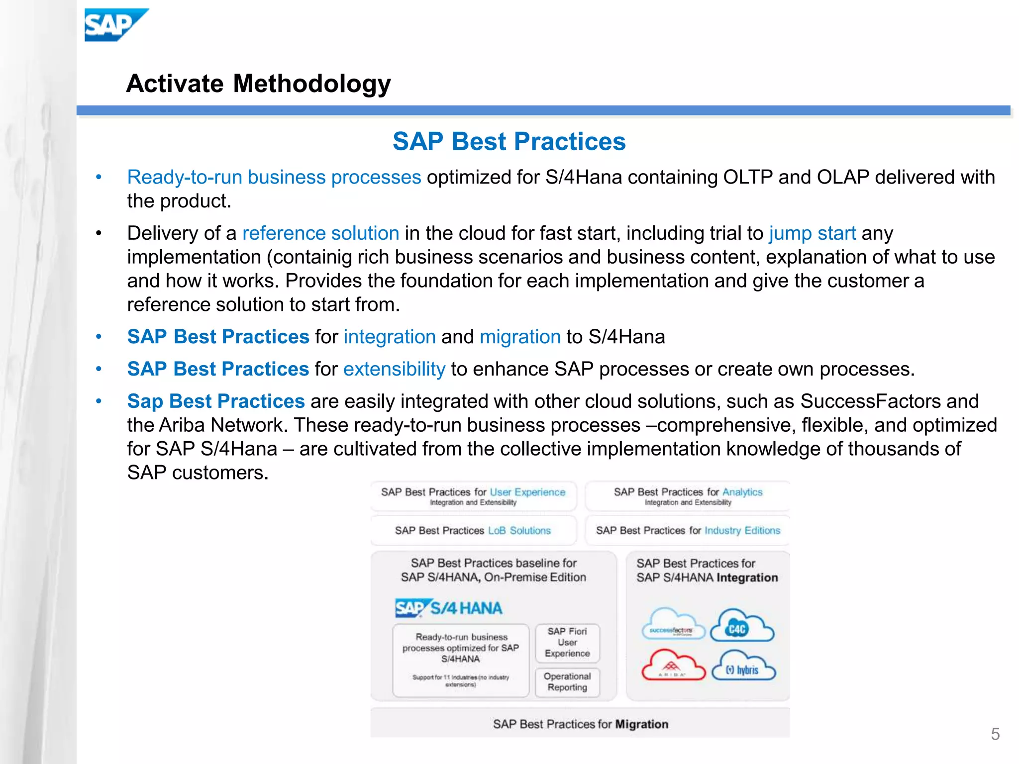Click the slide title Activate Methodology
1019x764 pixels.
pos(258,84)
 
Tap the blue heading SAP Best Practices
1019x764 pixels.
pos(509,141)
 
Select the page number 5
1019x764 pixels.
pos(995,734)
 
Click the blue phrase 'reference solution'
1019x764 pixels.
pos(320,233)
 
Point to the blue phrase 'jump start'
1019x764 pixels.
pos(812,233)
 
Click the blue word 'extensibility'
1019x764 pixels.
pos(394,369)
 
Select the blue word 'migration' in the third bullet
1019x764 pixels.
pos(520,337)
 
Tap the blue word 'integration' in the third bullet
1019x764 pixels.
pos(390,337)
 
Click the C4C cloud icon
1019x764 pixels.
pos(741,627)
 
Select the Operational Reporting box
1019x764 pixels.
pos(567,682)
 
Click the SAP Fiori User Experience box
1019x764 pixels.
pos(567,642)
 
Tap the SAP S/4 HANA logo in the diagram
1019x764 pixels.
pos(448,608)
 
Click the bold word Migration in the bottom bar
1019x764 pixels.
pos(641,724)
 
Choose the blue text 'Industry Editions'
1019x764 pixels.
pos(742,531)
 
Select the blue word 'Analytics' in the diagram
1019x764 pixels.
pos(742,492)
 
